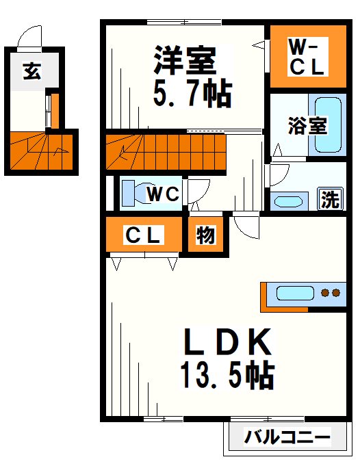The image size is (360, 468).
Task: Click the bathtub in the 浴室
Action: point(327,126)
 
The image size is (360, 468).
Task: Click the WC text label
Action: point(164,194)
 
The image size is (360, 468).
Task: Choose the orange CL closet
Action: point(144,235)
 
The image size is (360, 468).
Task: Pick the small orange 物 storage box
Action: point(206,235)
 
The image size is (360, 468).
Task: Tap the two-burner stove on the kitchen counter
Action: point(331,294)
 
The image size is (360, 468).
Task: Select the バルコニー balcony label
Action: point(287,436)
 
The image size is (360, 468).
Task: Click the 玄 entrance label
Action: point(30,71)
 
